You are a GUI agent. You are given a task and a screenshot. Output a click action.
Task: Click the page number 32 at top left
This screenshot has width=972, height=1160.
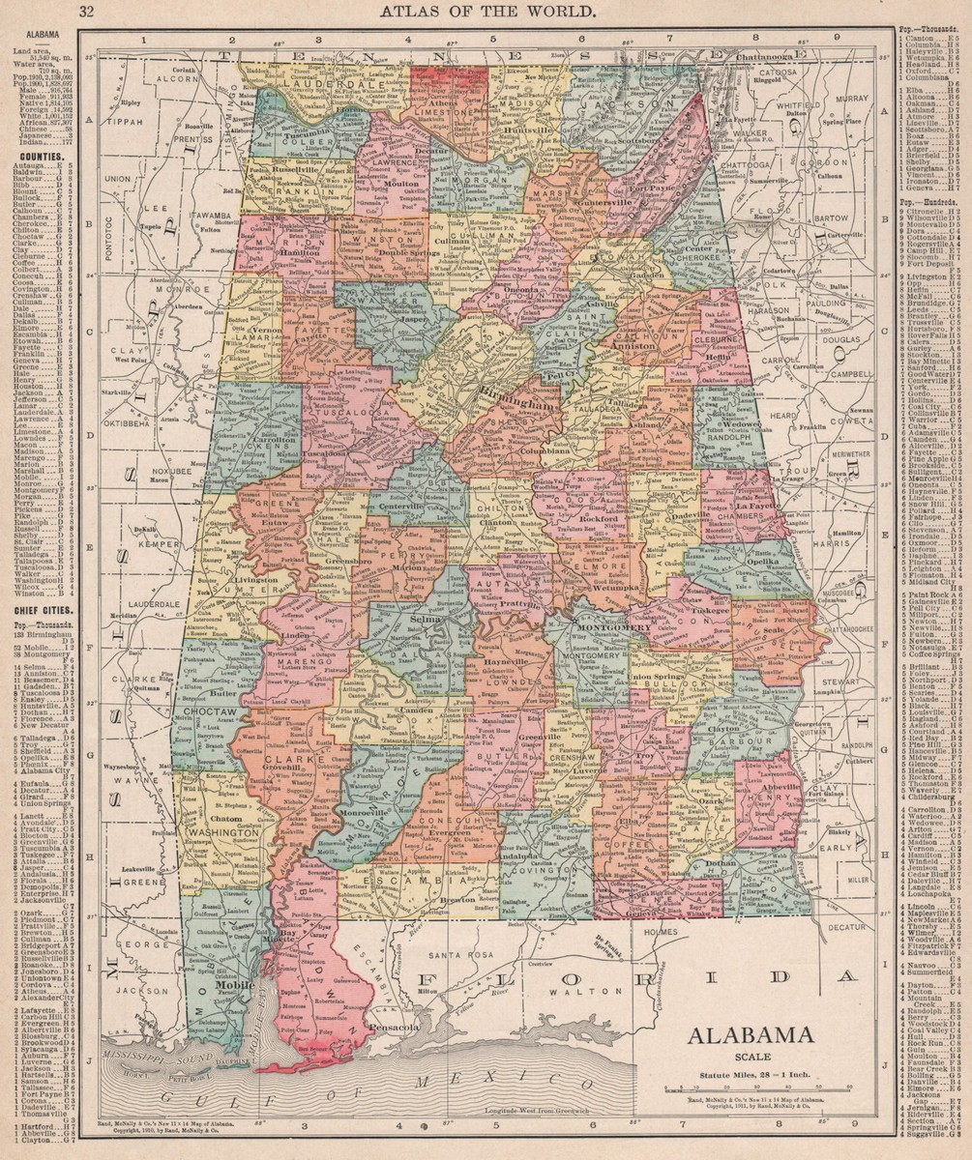87,12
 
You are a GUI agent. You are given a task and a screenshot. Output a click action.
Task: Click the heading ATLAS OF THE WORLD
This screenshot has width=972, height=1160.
486,12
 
